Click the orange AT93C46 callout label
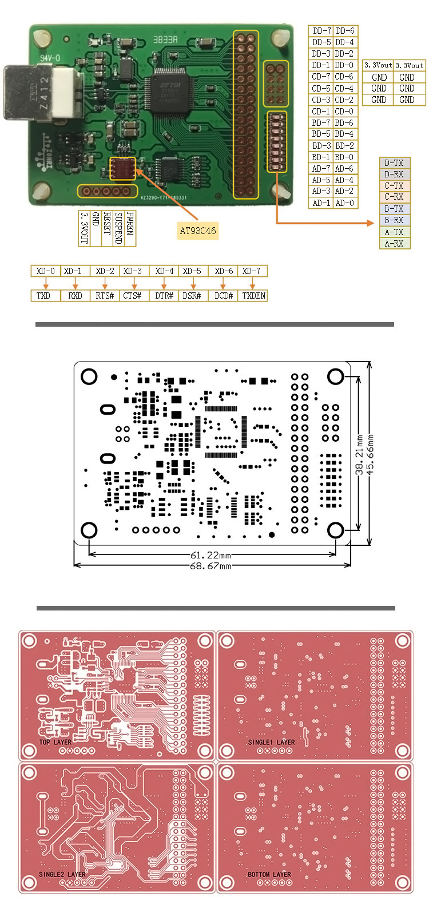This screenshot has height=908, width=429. (x=197, y=231)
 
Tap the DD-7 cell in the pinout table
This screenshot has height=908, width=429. (x=321, y=31)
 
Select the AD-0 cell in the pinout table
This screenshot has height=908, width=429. (x=344, y=203)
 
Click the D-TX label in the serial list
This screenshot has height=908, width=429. (x=394, y=163)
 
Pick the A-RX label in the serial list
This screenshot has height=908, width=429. (x=394, y=244)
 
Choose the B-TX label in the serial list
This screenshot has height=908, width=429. (x=394, y=209)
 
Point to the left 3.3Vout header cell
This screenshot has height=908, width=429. (x=379, y=66)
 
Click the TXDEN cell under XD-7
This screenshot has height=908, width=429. (x=253, y=296)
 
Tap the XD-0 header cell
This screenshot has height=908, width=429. (x=45, y=271)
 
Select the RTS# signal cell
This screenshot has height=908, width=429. (x=105, y=296)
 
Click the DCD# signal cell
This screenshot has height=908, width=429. (x=224, y=296)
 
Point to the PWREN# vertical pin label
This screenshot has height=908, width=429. (x=130, y=225)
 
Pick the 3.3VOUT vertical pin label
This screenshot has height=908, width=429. (x=84, y=228)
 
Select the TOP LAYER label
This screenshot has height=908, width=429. (x=55, y=742)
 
